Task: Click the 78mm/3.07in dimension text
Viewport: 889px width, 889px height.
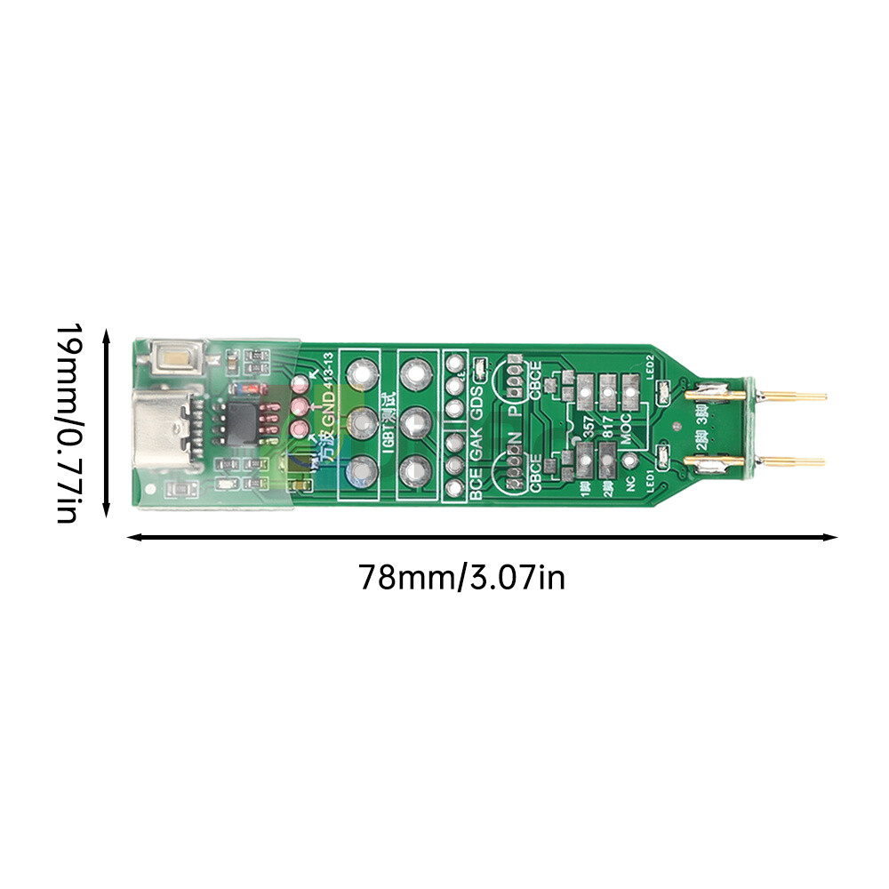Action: tap(461, 579)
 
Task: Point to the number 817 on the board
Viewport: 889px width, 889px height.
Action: tap(607, 427)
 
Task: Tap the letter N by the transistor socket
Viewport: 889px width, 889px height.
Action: tap(514, 440)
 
